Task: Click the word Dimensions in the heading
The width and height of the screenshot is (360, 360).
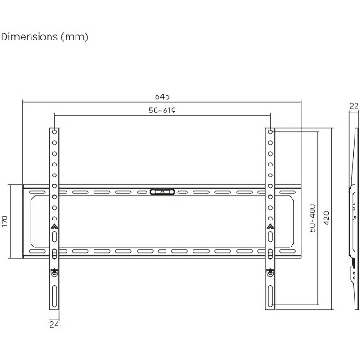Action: click(x=29, y=37)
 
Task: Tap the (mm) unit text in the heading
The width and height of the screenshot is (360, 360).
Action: click(x=75, y=37)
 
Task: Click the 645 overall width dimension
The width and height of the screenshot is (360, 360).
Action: click(x=162, y=96)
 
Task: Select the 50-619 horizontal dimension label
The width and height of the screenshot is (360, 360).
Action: click(x=162, y=111)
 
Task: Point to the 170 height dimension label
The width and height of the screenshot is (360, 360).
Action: click(x=5, y=221)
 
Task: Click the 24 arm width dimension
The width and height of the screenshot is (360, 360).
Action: click(x=54, y=324)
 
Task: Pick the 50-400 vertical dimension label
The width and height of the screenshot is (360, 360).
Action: click(x=312, y=218)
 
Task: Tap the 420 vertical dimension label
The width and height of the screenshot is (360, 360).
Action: click(x=327, y=218)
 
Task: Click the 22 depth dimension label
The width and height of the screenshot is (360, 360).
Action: click(x=354, y=106)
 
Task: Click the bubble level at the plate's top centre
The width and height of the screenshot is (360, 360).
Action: click(x=162, y=192)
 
